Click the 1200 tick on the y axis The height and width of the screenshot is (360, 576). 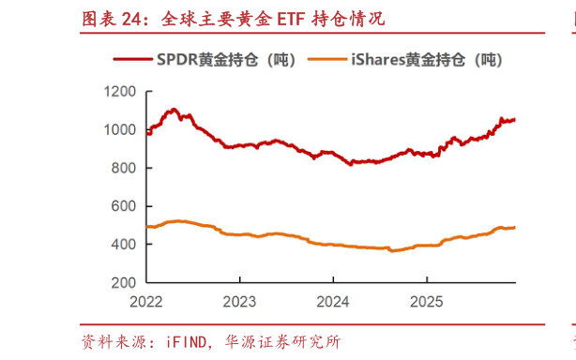click(120, 92)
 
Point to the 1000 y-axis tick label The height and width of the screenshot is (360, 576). click(120, 129)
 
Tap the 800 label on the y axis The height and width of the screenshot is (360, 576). click(124, 168)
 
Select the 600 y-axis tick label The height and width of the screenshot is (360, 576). click(124, 206)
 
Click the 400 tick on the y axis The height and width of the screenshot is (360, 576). click(124, 244)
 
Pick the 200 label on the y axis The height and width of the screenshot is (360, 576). click(124, 282)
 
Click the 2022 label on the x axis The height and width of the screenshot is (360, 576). click(146, 302)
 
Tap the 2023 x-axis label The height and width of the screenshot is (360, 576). click(239, 302)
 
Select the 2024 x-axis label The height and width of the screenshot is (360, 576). click(333, 302)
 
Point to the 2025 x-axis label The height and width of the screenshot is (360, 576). click(426, 302)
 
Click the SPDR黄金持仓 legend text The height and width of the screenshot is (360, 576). click(226, 60)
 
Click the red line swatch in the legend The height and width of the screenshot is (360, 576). click(132, 60)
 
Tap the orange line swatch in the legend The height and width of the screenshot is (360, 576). click(328, 60)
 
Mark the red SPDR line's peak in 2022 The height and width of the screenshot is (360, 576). click(174, 110)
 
